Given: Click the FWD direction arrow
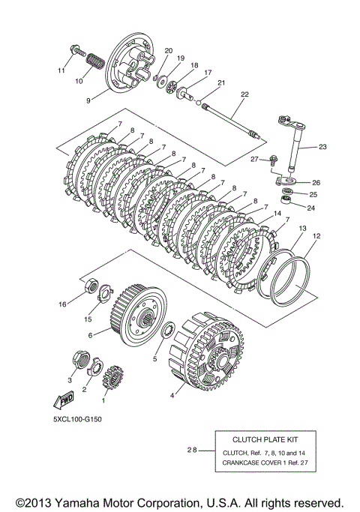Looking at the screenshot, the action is coord(64,400).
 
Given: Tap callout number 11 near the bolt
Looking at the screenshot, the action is coord(61,70).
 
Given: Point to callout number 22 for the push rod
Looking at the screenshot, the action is coord(244,94).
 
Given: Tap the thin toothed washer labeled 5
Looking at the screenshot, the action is coord(169,331).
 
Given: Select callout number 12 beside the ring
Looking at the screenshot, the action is coord(316,236).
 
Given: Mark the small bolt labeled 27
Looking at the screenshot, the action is coord(274,159).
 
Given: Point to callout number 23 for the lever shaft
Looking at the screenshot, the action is coord(322,147).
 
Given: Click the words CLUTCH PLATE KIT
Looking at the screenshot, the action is coord(265,439).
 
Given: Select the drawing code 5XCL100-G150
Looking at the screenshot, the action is coord(77,419).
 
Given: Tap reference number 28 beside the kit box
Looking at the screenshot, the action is coord(192,451).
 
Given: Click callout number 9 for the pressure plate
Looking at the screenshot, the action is coord(88,101).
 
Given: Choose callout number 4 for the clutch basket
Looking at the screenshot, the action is coord(172,396).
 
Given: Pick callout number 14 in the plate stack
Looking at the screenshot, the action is coord(277,214).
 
